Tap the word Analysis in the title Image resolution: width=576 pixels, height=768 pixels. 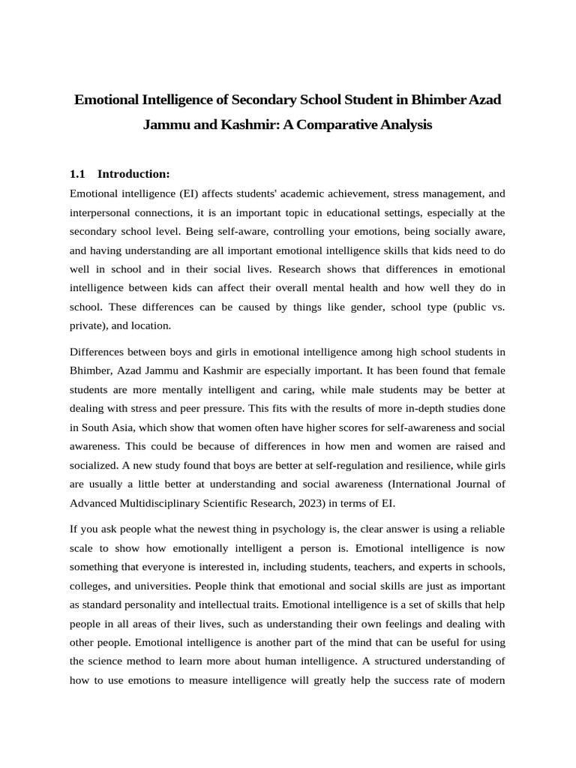(x=408, y=124)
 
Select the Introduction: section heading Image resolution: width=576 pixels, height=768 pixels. (x=134, y=174)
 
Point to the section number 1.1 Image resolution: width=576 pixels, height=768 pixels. (x=78, y=174)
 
